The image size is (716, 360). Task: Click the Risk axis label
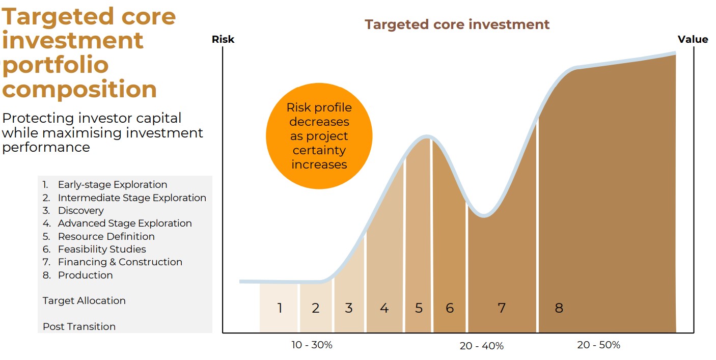tap(223, 39)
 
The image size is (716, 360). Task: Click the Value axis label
tap(693, 39)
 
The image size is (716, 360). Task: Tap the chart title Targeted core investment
tap(457, 24)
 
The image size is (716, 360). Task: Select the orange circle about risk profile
tap(319, 136)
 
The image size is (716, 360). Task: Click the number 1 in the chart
tap(280, 308)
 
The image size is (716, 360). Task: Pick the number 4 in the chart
tap(384, 308)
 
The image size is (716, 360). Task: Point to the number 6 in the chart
tap(450, 308)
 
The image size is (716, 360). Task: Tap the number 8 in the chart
tap(559, 308)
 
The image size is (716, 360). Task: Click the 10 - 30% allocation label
tap(312, 345)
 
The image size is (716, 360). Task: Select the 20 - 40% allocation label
tap(481, 346)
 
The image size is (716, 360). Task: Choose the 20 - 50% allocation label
tap(599, 345)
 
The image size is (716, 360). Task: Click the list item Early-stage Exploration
tap(113, 185)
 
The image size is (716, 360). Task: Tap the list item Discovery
tap(81, 211)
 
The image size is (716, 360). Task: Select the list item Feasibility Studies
tap(102, 249)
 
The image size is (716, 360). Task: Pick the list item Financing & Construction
tap(120, 262)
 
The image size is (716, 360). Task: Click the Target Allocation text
tap(84, 300)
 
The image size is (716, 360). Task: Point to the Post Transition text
tap(79, 326)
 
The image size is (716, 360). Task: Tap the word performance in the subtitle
tap(46, 148)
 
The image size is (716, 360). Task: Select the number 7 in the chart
tap(502, 308)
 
